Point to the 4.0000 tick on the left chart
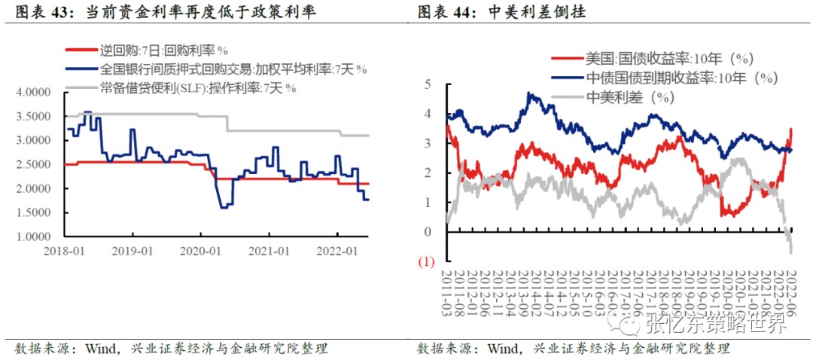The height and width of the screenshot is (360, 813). [33, 93]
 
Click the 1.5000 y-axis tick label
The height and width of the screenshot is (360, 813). [33, 213]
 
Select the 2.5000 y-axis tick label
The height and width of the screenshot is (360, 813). [33, 165]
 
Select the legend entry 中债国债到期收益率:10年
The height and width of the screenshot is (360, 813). [681, 78]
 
